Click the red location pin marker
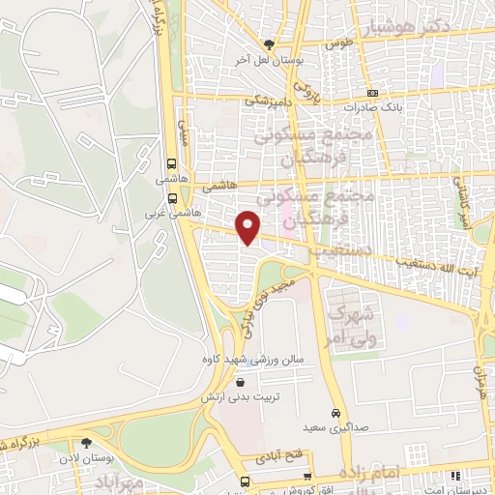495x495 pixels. click(x=248, y=226)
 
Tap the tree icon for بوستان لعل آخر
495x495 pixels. click(x=270, y=44)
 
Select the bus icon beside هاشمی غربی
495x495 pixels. click(x=171, y=196)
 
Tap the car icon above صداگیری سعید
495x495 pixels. click(x=335, y=409)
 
